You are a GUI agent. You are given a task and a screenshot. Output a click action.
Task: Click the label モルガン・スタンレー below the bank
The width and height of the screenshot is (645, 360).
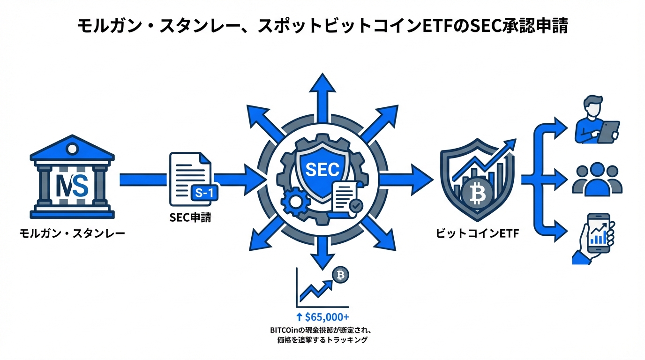point(72,232)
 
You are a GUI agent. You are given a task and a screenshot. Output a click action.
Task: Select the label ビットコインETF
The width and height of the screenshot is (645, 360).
point(477,233)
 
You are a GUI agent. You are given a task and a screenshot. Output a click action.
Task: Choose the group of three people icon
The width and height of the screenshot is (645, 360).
point(597,180)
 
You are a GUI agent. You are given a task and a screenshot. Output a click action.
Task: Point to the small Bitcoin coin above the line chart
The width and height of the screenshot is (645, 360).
point(340,276)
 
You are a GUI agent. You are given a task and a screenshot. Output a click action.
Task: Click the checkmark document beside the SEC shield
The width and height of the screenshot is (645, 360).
point(347,198)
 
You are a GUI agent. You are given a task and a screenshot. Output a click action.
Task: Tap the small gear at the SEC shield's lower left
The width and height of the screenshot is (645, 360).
point(295,202)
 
